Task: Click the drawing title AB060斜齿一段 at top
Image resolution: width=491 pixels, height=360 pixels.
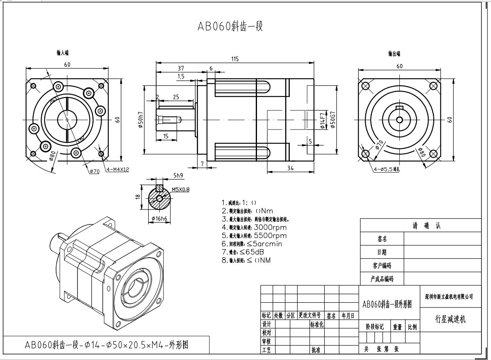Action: tap(230, 26)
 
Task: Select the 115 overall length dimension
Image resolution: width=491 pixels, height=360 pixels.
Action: tap(235, 59)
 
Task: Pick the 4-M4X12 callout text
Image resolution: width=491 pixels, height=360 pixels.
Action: tap(117, 170)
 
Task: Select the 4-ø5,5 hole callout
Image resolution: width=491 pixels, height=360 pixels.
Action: tap(387, 170)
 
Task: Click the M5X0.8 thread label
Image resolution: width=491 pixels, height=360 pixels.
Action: tap(181, 189)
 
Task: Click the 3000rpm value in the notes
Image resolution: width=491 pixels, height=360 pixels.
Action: tap(270, 227)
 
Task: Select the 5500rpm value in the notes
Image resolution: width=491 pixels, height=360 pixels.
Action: tap(270, 236)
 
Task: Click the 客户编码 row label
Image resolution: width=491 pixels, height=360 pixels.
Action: tap(382, 266)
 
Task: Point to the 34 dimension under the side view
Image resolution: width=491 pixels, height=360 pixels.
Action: tap(291, 168)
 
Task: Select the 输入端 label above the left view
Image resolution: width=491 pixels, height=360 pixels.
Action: tap(62, 53)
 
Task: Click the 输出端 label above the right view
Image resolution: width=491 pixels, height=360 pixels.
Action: tap(394, 53)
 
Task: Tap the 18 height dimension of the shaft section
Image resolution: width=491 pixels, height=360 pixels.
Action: tap(138, 196)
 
